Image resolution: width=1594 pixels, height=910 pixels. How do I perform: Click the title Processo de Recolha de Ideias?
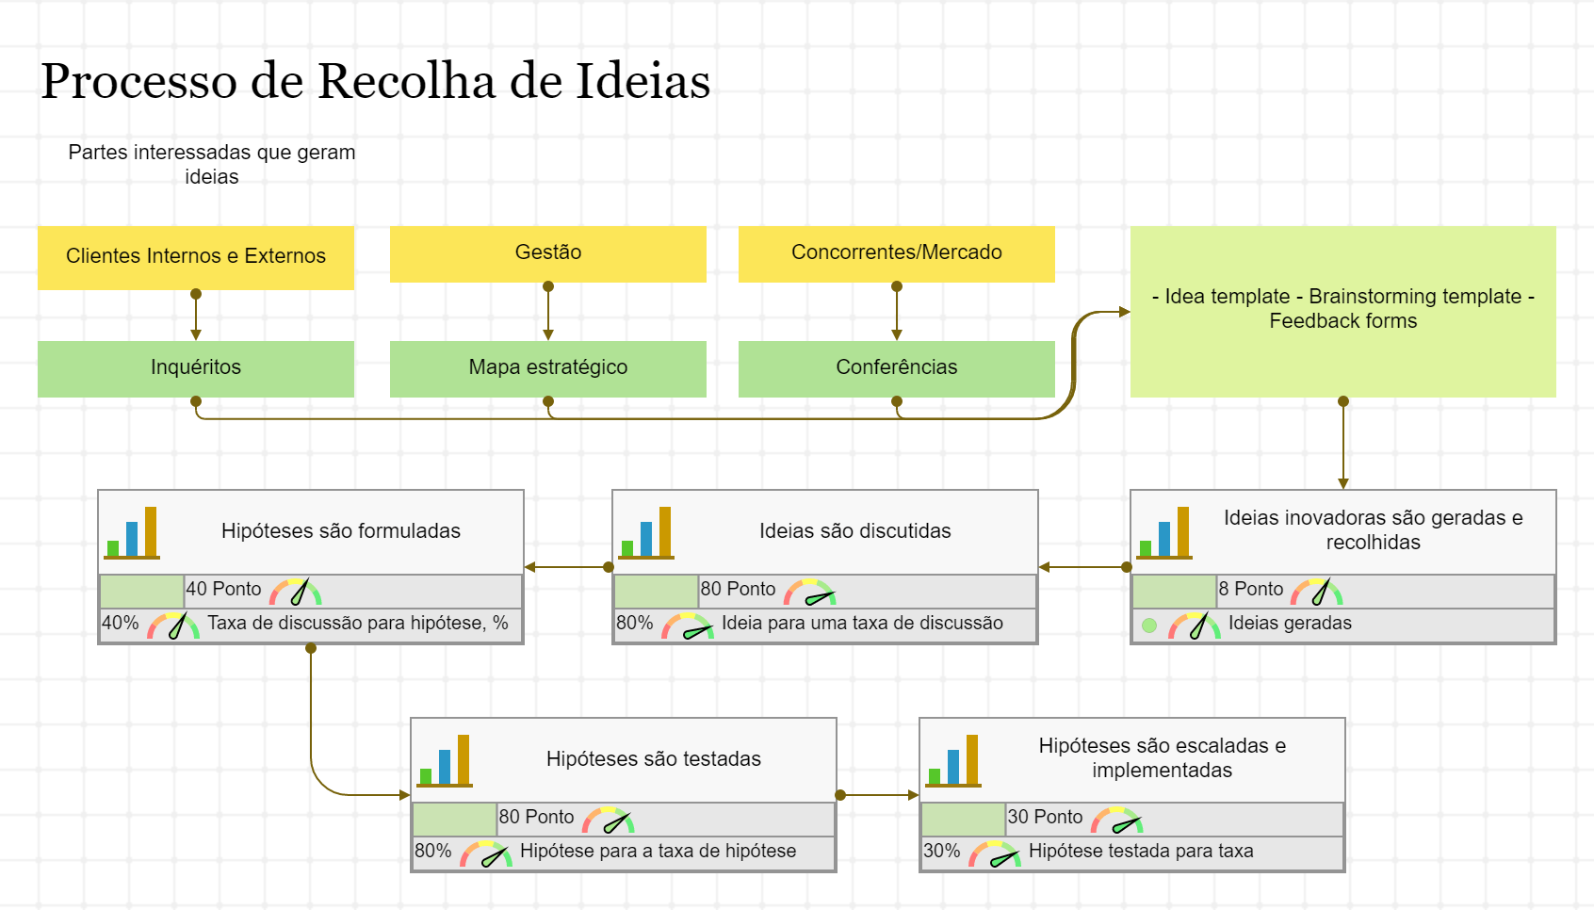[375, 81]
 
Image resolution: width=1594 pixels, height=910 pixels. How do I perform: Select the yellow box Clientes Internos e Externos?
[196, 256]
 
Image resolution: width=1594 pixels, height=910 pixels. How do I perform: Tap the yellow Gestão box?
[548, 252]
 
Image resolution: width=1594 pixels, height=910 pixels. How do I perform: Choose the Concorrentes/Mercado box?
[896, 252]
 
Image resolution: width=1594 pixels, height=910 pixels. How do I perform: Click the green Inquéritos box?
[196, 367]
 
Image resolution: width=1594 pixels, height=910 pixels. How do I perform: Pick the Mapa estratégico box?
[548, 367]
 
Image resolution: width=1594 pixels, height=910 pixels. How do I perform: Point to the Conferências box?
[896, 367]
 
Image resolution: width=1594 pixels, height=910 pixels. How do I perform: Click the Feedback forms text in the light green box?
[1342, 321]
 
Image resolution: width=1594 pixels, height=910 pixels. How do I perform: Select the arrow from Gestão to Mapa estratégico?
[548, 313]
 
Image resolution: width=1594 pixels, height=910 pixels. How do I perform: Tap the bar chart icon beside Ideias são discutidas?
[647, 533]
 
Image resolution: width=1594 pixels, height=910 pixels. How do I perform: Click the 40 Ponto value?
[223, 589]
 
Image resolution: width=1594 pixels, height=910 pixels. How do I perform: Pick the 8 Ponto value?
[1250, 589]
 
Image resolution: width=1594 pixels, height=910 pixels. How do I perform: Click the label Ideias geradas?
[1290, 623]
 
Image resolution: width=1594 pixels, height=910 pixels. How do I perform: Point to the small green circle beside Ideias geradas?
[1149, 625]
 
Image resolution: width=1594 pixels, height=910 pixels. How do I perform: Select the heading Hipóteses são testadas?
[653, 759]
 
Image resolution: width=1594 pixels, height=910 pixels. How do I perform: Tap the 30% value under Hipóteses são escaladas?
[941, 851]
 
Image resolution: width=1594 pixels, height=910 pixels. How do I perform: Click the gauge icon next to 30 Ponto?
[1117, 820]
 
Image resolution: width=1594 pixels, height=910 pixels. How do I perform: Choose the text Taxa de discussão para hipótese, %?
[358, 623]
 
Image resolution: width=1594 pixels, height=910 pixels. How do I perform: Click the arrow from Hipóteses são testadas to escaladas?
[878, 795]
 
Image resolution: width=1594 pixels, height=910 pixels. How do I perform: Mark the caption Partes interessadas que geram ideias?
[212, 165]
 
